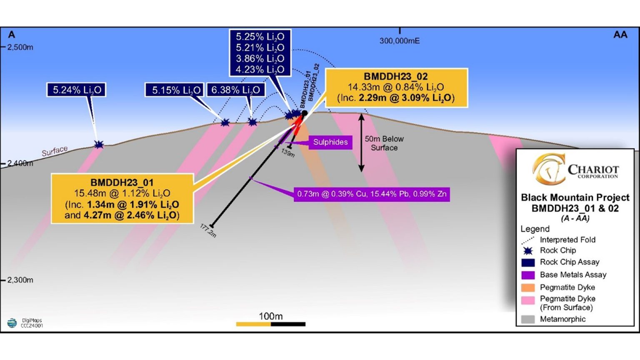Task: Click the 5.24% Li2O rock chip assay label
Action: [x=76, y=90]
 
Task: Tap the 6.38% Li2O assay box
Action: [x=236, y=90]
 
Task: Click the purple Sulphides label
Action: [x=330, y=142]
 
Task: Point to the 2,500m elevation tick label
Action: [x=20, y=47]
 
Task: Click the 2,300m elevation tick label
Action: [x=20, y=280]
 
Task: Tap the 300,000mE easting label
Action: [x=399, y=41]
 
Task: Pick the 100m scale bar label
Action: [x=270, y=316]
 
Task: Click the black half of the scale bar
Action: [x=288, y=324]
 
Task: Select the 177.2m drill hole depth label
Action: [x=208, y=230]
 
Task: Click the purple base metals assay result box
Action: [x=371, y=194]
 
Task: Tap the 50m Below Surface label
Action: [x=384, y=143]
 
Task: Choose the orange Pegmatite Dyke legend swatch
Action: [x=528, y=287]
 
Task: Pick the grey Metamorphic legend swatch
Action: [x=528, y=319]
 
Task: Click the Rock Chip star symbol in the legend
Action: [x=528, y=251]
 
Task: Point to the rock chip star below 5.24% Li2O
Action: [x=99, y=145]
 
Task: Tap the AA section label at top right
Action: [x=620, y=35]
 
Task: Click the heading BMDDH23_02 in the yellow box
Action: [x=395, y=77]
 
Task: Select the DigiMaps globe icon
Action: [x=12, y=323]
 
